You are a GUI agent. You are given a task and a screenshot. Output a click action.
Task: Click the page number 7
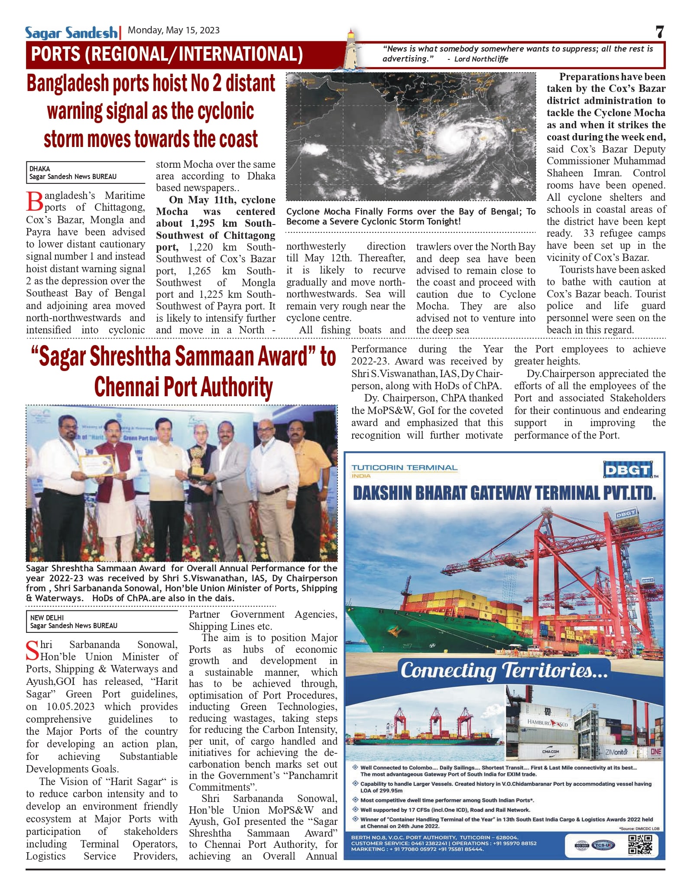coord(659,32)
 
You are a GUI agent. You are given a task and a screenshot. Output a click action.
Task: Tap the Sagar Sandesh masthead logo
coord(71,33)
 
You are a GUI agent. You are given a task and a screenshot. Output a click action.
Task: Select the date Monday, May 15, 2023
coord(174,30)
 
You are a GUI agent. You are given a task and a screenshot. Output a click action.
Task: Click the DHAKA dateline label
coord(39,169)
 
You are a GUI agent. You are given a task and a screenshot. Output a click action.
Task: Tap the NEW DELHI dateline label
coord(47,617)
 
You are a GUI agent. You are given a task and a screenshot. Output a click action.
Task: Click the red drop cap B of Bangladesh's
coord(35,201)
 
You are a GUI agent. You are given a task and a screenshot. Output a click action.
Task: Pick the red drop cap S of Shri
coord(32,651)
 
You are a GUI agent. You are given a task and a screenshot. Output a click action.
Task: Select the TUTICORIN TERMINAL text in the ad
coord(404,468)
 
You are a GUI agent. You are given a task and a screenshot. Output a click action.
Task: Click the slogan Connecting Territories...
coord(504,671)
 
